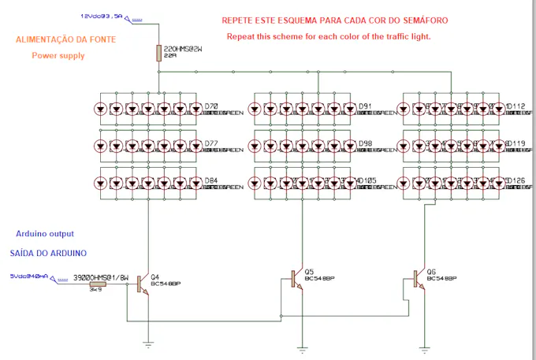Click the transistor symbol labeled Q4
(x=142, y=284)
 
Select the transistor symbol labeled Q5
(x=296, y=279)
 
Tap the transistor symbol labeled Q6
(x=419, y=279)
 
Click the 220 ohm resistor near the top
(x=159, y=53)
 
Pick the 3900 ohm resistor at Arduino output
(x=99, y=284)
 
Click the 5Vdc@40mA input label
(x=28, y=276)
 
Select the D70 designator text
(x=211, y=106)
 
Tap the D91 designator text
(x=365, y=106)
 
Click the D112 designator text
(x=516, y=106)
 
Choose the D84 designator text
(x=211, y=180)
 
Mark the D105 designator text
(x=367, y=180)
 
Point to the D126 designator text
(x=516, y=180)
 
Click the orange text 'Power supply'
(x=58, y=56)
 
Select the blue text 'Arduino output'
(x=45, y=234)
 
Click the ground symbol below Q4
(x=147, y=343)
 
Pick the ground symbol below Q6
(x=424, y=347)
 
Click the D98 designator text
(x=365, y=143)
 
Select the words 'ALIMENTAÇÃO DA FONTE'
(x=65, y=40)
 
